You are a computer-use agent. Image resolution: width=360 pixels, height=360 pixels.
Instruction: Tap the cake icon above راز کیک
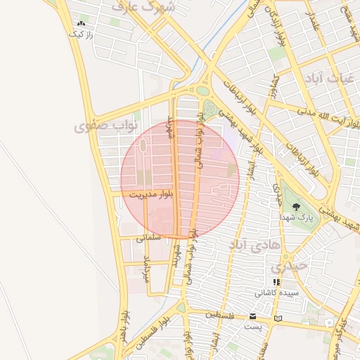tap(79, 24)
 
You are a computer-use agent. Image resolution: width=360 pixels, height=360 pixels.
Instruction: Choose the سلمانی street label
tap(148, 238)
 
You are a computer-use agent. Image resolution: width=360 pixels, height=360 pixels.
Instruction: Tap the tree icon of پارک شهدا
tap(297, 207)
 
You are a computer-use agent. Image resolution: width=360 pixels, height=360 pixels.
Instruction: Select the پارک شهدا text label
tap(297, 218)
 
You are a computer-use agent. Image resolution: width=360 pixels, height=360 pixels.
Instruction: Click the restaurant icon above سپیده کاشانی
tap(276, 282)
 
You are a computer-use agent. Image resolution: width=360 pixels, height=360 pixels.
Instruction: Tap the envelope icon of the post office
tap(252, 316)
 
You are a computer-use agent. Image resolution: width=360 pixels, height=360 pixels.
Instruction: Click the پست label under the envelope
tap(252, 327)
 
